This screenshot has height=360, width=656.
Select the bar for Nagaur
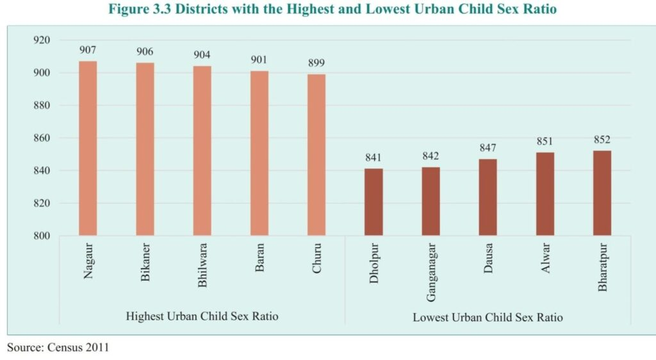point(88,149)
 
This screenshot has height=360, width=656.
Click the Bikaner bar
point(145,149)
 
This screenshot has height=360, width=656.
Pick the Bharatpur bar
point(602,193)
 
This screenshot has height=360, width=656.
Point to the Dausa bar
point(488,197)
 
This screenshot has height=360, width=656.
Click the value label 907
point(88,50)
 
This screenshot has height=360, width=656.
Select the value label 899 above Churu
point(316,63)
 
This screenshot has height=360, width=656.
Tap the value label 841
point(373,158)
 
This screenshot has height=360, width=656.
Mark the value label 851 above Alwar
point(545,142)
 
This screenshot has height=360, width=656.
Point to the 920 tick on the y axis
point(41,40)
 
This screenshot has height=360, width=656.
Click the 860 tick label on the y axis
point(41,138)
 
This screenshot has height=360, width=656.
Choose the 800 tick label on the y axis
point(41,236)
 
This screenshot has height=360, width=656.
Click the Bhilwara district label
point(202,265)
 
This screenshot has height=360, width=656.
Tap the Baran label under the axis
point(259,258)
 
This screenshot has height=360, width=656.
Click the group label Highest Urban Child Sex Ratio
point(202,316)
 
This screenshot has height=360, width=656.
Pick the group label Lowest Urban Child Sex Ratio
point(488,317)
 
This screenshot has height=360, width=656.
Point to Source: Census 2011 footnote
point(58,348)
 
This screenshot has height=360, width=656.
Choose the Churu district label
point(316,259)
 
